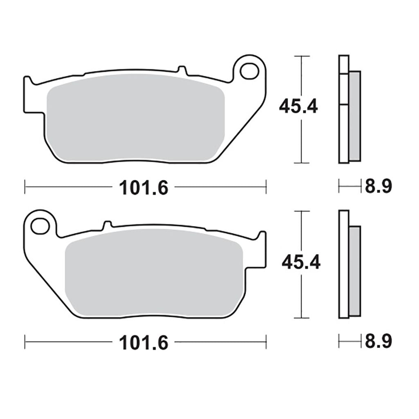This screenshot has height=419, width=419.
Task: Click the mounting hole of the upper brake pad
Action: point(249,71)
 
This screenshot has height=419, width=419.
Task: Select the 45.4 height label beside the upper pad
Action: point(298,106)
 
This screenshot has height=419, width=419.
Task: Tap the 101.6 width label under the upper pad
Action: point(144,187)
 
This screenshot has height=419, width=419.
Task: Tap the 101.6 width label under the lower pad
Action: point(144,342)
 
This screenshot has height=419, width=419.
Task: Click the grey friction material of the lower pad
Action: point(154,273)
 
